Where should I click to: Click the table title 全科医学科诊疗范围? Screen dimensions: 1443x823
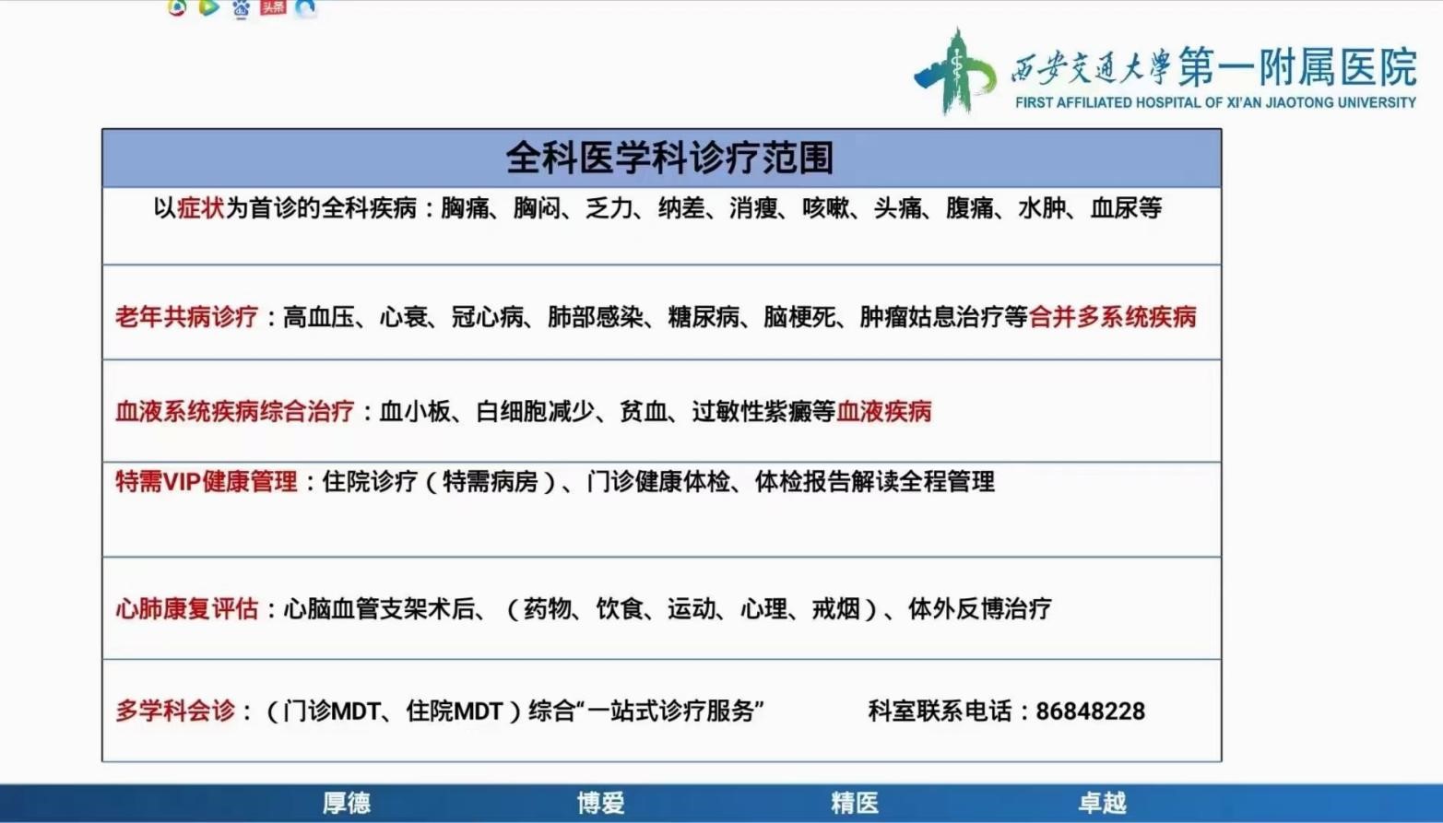tap(669, 159)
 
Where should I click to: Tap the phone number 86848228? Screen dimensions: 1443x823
tap(1090, 711)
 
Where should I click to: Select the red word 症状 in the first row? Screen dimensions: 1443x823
tap(200, 208)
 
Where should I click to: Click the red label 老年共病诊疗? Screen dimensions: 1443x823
tap(187, 317)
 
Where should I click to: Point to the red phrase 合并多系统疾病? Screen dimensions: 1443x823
tap(1113, 317)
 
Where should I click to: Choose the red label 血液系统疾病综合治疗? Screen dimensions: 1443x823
tap(234, 411)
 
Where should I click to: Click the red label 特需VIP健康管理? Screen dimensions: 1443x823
tap(207, 482)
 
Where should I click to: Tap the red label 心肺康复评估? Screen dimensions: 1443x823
tap(187, 608)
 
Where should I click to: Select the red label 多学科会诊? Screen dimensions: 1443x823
tap(175, 711)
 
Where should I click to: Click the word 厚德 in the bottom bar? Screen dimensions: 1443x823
tap(347, 804)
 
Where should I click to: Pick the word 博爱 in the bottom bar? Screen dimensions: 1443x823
tap(600, 804)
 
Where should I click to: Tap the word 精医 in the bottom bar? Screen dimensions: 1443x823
tap(855, 804)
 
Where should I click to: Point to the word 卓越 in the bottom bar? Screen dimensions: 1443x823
tap(1102, 804)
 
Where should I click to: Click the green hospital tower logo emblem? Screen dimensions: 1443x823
tap(955, 72)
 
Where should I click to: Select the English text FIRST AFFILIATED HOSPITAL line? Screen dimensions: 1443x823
tap(1215, 103)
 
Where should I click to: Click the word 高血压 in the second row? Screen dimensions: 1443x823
tap(319, 317)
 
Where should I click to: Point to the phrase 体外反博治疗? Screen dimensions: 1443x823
tap(980, 608)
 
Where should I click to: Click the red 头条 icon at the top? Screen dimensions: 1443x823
tap(273, 7)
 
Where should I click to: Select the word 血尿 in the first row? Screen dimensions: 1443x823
tap(1114, 208)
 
